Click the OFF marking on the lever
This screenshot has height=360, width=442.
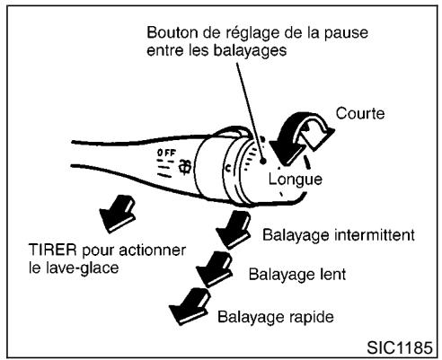point(166,154)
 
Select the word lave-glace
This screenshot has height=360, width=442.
point(88,268)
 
